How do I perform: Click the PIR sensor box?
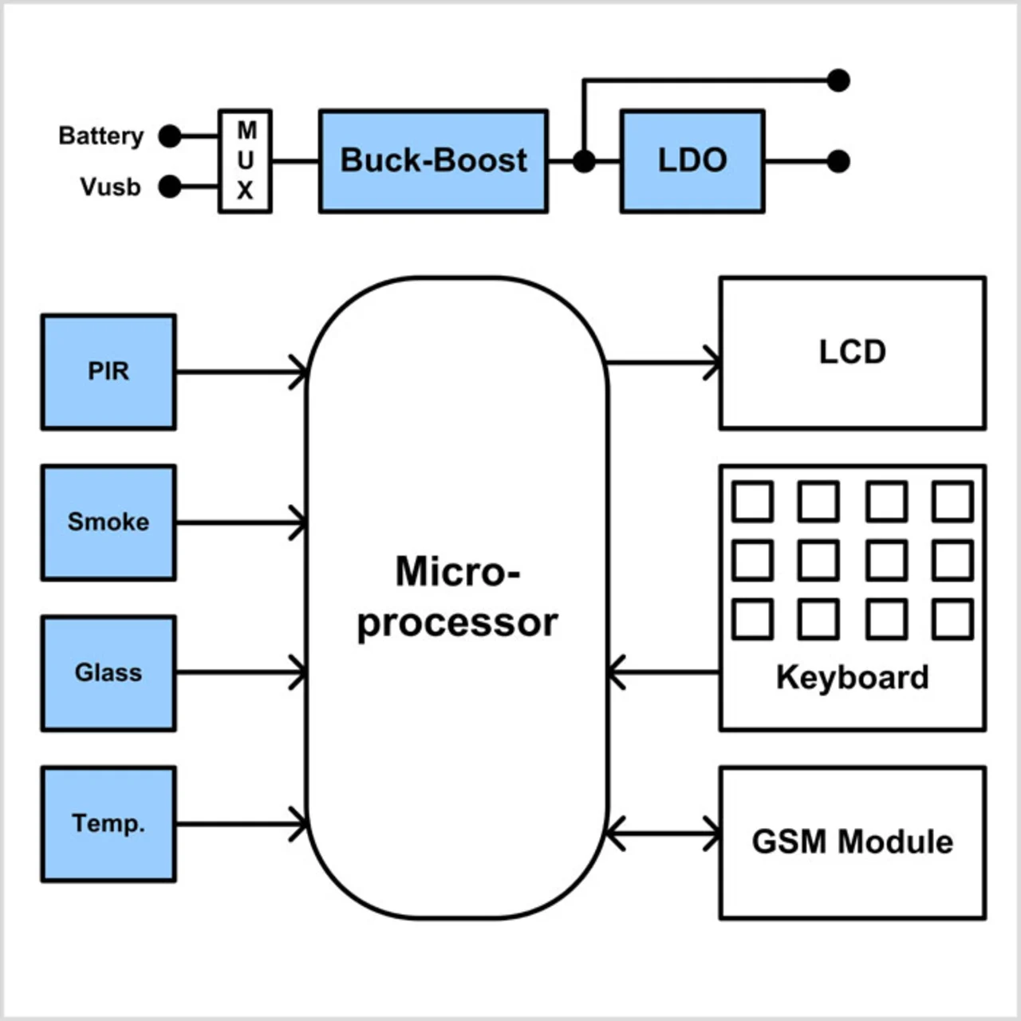pos(108,372)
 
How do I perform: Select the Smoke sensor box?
pos(108,522)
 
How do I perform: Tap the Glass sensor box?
pos(108,673)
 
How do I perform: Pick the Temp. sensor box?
pos(108,824)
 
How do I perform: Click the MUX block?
pos(246,161)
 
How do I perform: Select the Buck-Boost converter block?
pos(433,161)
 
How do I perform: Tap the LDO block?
pos(692,161)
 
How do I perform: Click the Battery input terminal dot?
pos(170,136)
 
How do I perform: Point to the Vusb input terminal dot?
pos(170,187)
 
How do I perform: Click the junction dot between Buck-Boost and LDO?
pos(584,161)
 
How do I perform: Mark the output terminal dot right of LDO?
pos(838,161)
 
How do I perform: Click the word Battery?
pos(101,136)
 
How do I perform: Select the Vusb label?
pos(110,187)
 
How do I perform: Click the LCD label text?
pos(852,352)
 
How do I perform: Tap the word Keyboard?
pos(852,677)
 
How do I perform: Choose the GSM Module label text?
pos(852,842)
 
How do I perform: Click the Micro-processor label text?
pos(457,597)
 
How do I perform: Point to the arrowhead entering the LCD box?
pos(712,363)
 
